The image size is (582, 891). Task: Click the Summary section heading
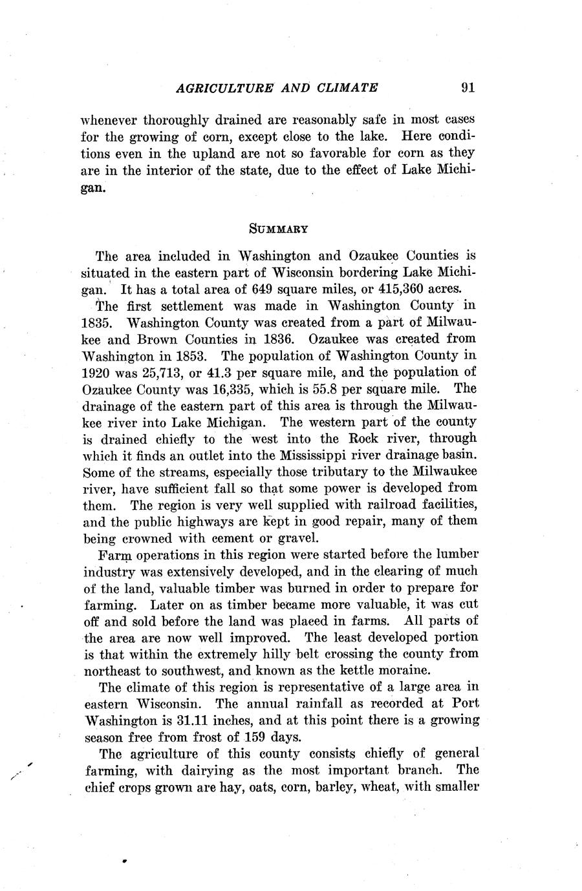[x=277, y=228]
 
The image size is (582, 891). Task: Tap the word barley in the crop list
[x=342, y=787]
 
